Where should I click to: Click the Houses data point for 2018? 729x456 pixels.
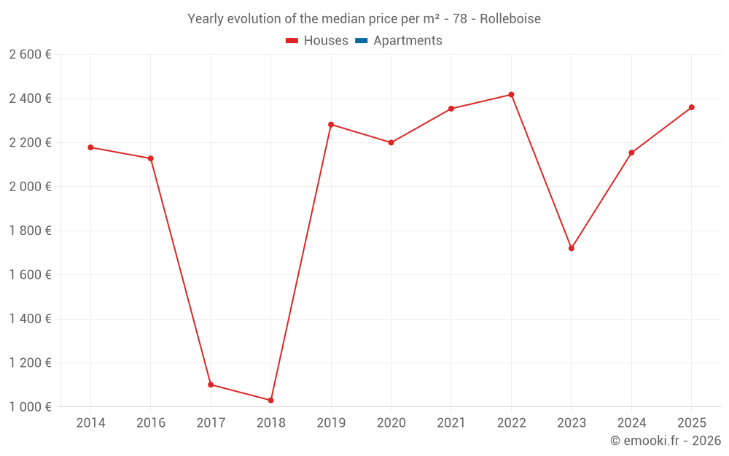270,400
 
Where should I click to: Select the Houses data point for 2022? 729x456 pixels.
511,95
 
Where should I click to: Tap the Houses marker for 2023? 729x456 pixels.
572,248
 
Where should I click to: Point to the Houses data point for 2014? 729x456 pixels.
90,147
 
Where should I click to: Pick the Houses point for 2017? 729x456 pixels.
211,384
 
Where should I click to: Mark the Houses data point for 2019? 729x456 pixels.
331,125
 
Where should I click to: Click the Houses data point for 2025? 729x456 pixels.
692,107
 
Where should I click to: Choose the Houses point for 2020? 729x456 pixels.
391,142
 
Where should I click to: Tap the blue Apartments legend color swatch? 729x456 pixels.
362,41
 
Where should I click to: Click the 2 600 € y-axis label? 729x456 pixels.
30,55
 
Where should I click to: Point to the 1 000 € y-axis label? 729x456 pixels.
30,407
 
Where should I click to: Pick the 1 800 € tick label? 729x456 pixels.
30,231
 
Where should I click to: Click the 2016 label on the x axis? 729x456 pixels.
151,423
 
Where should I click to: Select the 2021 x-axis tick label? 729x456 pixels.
451,423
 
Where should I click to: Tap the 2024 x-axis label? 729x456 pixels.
631,423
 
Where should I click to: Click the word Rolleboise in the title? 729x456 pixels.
510,19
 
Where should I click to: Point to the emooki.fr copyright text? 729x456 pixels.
666,441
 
